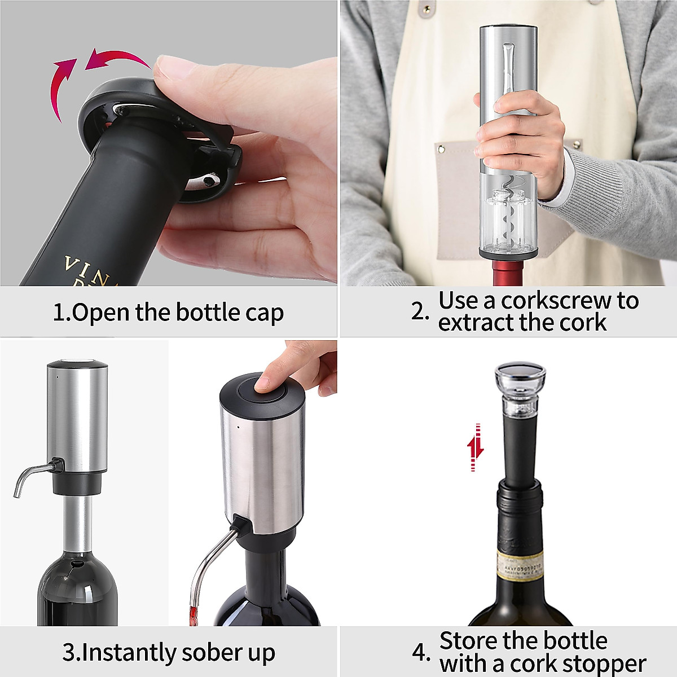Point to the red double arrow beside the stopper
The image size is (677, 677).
pyautogui.click(x=476, y=448)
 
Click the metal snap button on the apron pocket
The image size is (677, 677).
pyautogui.click(x=441, y=149)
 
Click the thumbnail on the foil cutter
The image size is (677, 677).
pyautogui.click(x=172, y=67)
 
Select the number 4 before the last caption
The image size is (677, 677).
pyautogui.click(x=420, y=653)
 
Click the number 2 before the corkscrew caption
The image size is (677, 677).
pyautogui.click(x=419, y=311)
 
